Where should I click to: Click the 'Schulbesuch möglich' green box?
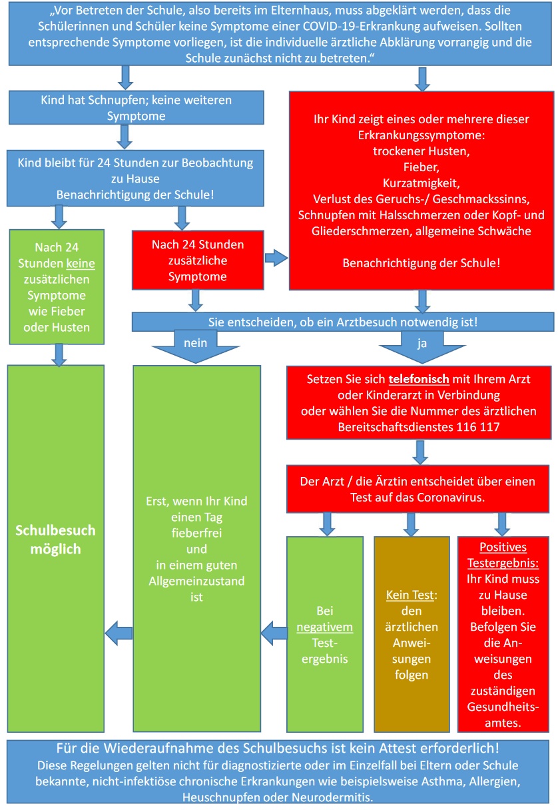(x=55, y=540)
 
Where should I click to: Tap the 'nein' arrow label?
(x=195, y=342)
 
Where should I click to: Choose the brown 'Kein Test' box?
(x=412, y=633)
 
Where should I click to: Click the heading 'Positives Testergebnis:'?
(x=503, y=554)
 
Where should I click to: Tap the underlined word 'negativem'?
(x=325, y=627)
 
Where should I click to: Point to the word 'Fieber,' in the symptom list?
(x=421, y=166)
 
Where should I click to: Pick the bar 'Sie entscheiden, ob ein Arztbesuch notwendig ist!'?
(x=342, y=322)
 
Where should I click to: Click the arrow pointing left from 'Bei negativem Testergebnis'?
(x=273, y=629)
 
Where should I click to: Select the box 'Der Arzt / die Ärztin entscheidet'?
(x=421, y=489)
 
